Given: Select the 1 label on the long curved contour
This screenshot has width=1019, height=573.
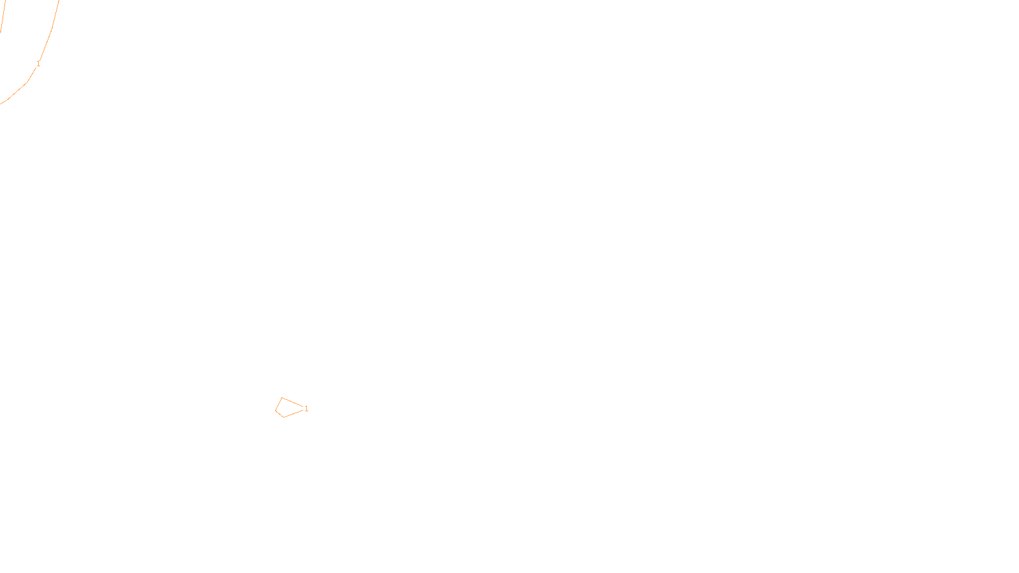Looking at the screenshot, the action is [38, 64].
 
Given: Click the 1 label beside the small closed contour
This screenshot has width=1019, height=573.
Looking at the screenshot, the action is [306, 409].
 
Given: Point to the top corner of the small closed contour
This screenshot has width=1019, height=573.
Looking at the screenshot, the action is [281, 398].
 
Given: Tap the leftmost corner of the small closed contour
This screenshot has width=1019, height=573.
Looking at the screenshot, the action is [276, 411].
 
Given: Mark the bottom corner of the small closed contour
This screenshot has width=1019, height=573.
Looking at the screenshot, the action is [283, 417].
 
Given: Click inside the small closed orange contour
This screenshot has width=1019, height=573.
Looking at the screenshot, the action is [287, 407].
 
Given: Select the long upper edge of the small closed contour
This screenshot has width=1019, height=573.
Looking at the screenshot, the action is [292, 402].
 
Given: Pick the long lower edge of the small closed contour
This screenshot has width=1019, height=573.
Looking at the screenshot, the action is [294, 413].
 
